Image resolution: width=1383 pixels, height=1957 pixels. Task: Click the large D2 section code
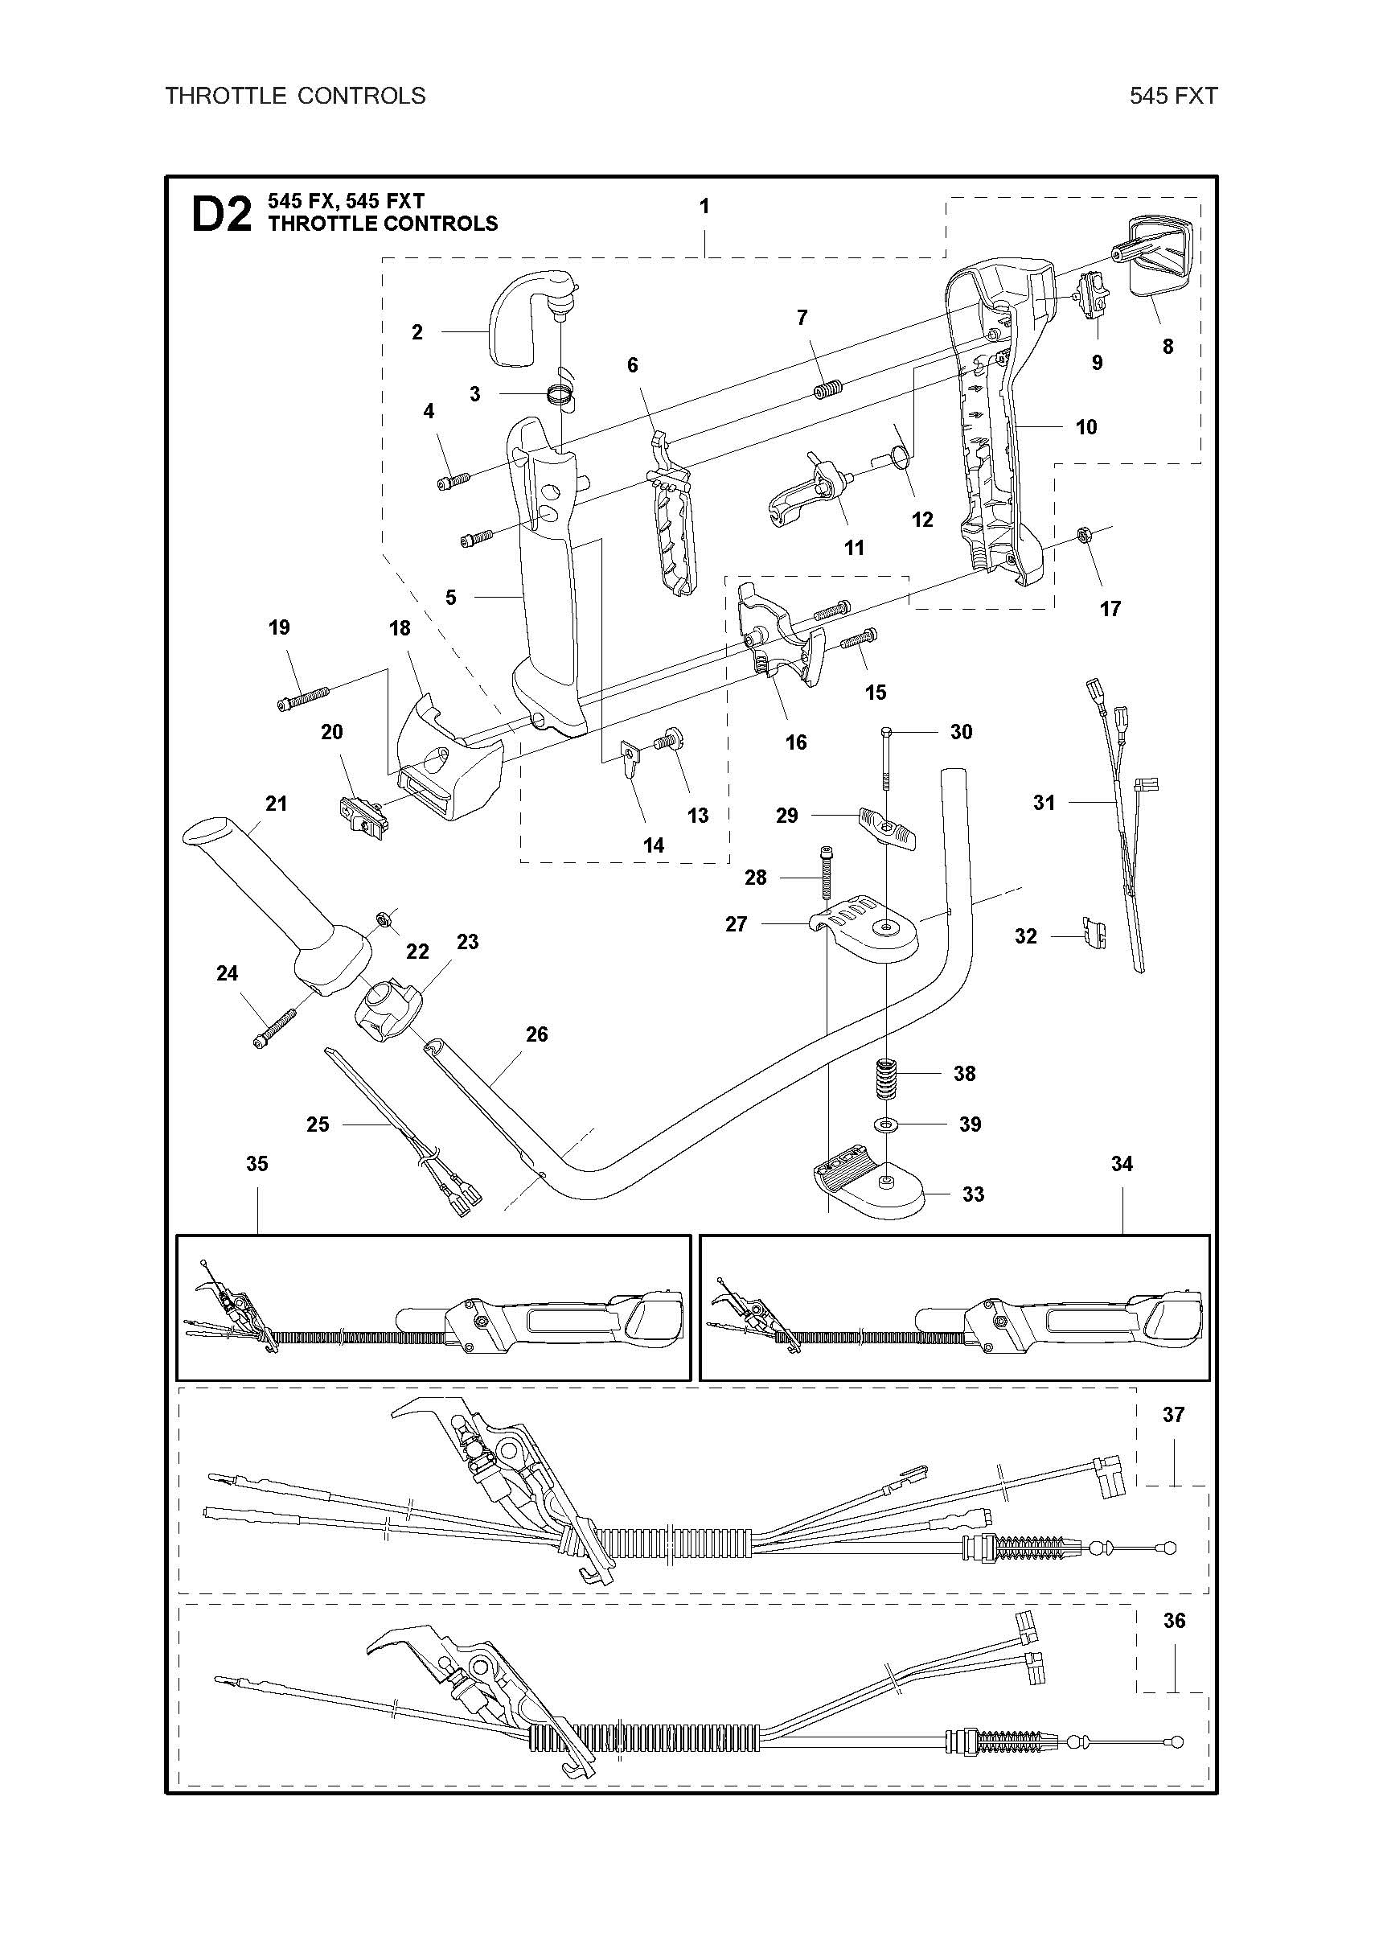tap(220, 215)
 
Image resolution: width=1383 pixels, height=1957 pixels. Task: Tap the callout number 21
tap(276, 803)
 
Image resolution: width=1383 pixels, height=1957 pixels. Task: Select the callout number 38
tap(964, 1073)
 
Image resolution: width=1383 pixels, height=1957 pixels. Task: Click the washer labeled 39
tap(887, 1125)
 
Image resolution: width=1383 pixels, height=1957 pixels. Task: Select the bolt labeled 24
tap(273, 1028)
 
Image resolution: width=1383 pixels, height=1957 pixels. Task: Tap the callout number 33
tap(972, 1194)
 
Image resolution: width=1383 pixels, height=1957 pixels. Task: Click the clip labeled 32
tap(1093, 934)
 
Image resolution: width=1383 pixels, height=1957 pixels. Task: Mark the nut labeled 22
tap(384, 918)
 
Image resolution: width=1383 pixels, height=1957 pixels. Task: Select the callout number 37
tap(1173, 1415)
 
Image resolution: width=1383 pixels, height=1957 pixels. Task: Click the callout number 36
tap(1174, 1620)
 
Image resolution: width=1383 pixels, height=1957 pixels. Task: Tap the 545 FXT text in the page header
tap(1172, 96)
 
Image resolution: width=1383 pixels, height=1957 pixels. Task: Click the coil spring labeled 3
tap(558, 394)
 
